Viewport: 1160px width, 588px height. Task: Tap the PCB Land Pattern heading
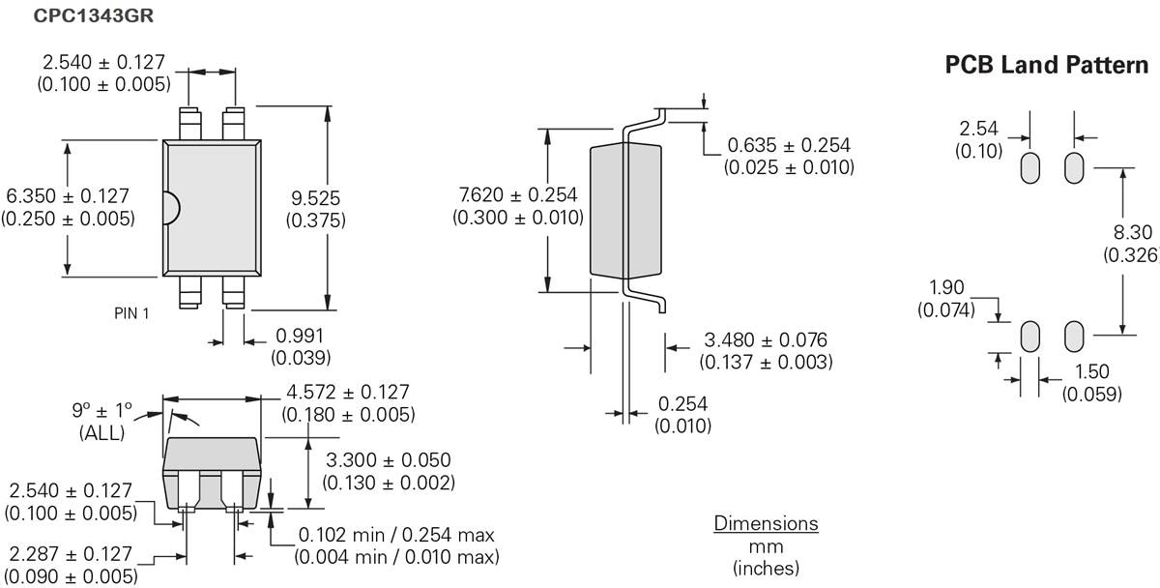pos(1047,66)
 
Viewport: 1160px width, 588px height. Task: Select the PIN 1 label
pos(131,312)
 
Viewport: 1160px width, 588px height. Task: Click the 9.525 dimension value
pos(316,197)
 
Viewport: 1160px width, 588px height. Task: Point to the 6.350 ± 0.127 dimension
pos(67,196)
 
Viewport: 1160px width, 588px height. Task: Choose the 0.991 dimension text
pos(300,337)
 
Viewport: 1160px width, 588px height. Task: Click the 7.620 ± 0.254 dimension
pos(518,195)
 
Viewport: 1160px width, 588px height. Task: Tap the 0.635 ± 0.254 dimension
pos(789,145)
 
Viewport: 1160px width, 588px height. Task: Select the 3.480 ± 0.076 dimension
pos(766,340)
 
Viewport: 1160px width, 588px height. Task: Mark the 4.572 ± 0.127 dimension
pos(348,393)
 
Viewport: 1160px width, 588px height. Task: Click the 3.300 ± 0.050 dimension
pos(389,460)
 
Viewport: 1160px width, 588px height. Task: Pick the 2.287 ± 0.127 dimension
pos(70,554)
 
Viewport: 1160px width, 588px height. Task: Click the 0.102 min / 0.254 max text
pos(397,535)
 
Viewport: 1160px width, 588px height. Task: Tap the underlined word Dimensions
pos(766,524)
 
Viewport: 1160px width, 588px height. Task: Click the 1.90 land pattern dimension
pos(948,287)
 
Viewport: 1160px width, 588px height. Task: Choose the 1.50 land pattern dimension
pos(1091,372)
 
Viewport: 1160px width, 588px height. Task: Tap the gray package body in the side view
pos(625,210)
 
